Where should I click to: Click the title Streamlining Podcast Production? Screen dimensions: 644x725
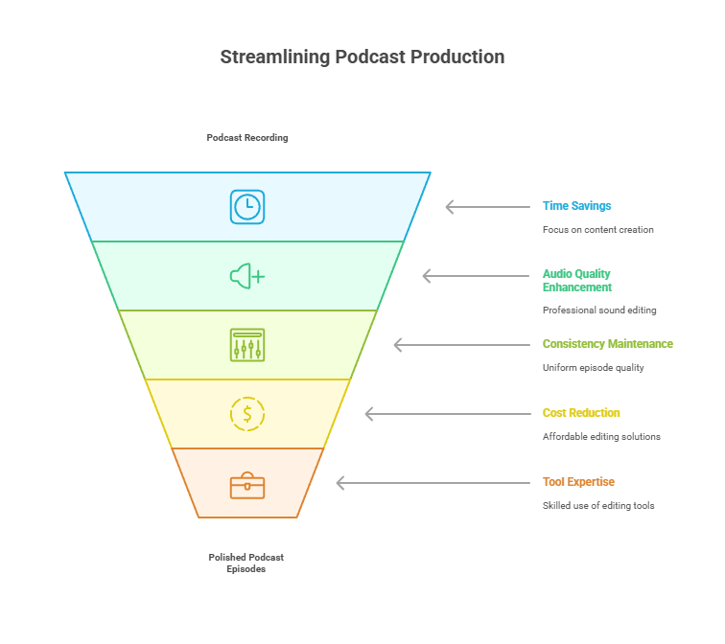(362, 57)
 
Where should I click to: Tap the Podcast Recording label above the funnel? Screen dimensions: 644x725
(247, 138)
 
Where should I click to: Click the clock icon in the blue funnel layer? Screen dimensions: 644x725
(247, 207)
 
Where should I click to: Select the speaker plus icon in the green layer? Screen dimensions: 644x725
(247, 276)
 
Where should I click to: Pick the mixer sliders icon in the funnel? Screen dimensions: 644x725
(247, 345)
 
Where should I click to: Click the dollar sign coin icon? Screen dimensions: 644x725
(247, 414)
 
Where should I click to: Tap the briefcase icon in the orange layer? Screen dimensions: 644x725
(247, 485)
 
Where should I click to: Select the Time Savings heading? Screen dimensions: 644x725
(576, 206)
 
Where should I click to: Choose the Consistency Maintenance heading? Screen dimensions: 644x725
(607, 344)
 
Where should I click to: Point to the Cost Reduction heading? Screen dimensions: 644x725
(581, 413)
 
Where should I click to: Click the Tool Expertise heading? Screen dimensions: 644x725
(578, 482)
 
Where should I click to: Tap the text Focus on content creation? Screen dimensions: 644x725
(597, 230)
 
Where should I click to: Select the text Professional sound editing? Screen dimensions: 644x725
(599, 310)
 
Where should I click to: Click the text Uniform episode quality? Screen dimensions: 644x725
(593, 368)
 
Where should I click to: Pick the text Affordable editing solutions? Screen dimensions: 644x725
(601, 437)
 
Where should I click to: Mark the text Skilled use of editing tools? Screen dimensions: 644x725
(598, 506)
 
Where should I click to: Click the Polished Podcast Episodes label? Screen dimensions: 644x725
(246, 563)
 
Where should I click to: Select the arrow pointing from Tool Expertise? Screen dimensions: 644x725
(433, 483)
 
